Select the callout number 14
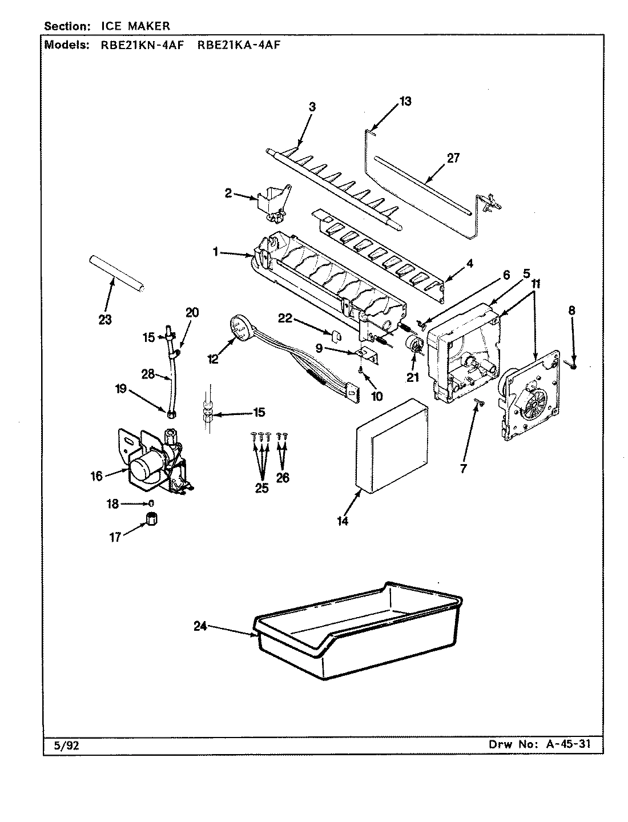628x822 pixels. pyautogui.click(x=342, y=521)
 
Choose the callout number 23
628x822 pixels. pyautogui.click(x=104, y=320)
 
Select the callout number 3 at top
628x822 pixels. pyautogui.click(x=312, y=107)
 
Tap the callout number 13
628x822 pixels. pyautogui.click(x=405, y=101)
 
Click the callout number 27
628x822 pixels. pyautogui.click(x=453, y=158)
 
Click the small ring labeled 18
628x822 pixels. pyautogui.click(x=151, y=503)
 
